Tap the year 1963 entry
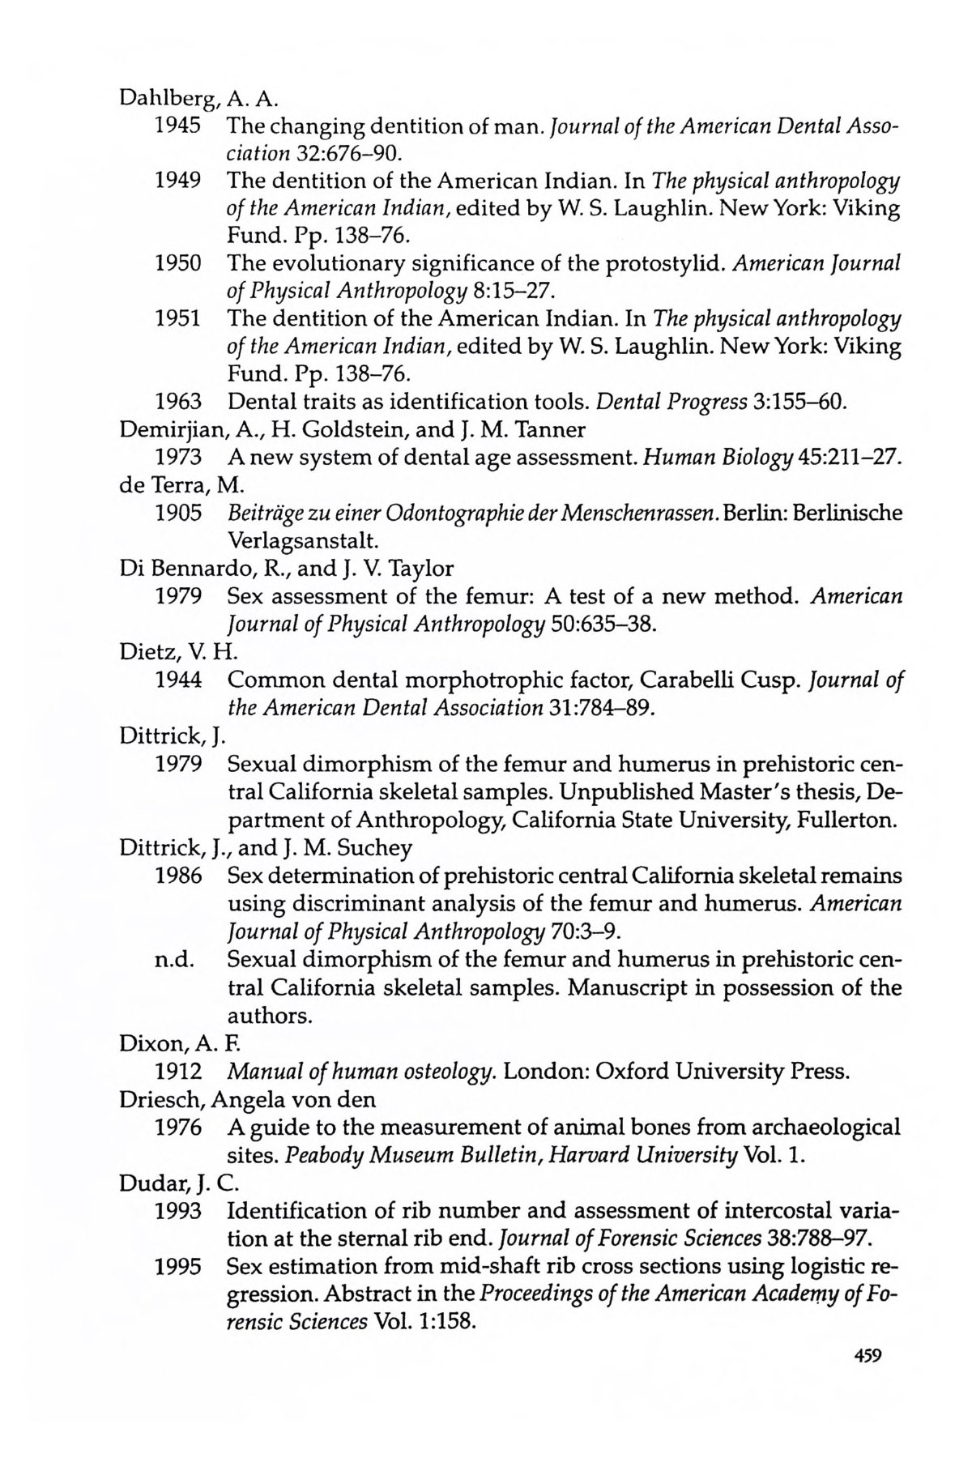pos(178,402)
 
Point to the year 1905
pos(178,513)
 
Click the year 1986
pos(178,876)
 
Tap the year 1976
pos(178,1128)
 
